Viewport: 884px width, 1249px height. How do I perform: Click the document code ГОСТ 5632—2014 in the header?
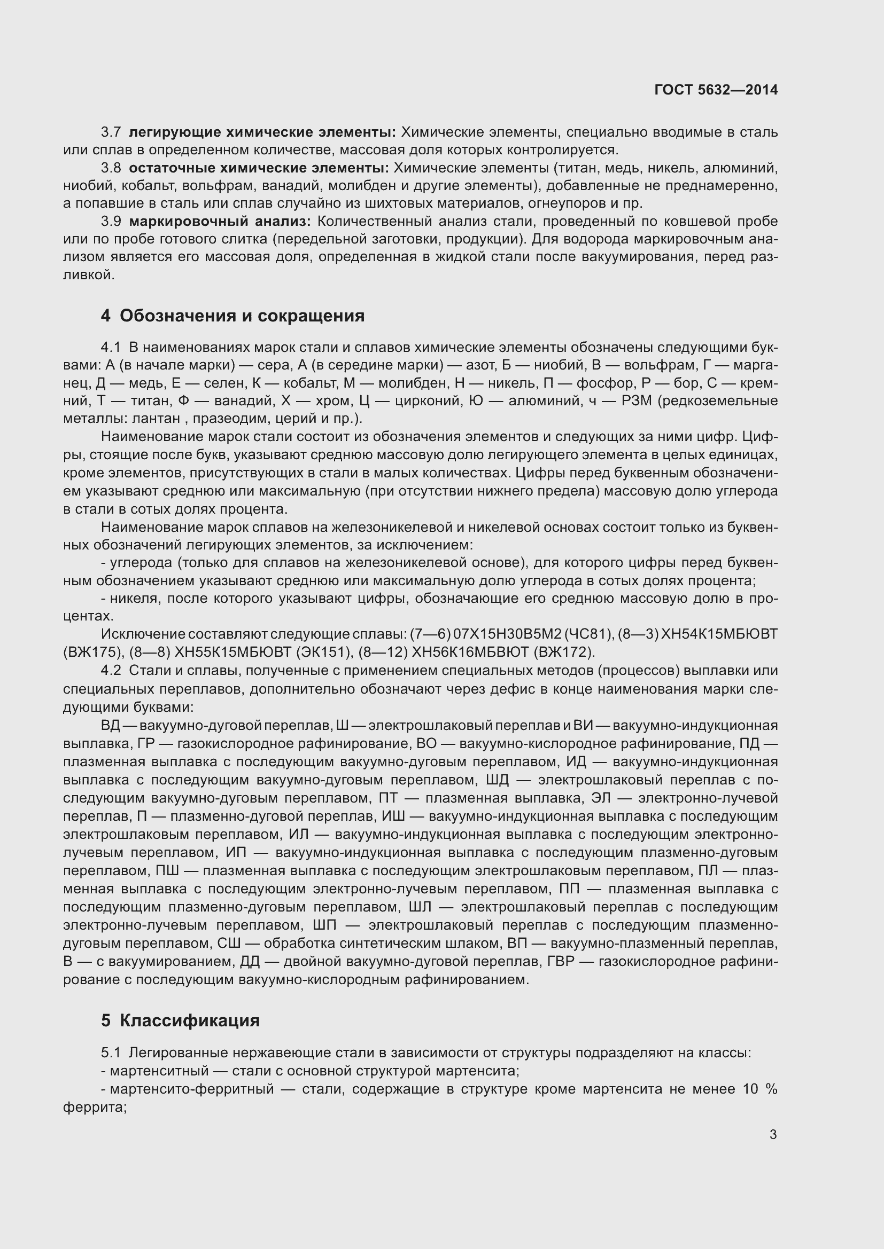tap(716, 90)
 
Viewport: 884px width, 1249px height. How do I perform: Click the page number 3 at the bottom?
tap(773, 1134)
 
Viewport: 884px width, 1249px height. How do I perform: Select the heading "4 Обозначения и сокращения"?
tap(232, 316)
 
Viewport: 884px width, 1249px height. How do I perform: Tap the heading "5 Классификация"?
tap(180, 1020)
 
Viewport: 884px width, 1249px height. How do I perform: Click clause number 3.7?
tap(111, 132)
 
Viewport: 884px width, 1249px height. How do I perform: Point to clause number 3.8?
tap(111, 168)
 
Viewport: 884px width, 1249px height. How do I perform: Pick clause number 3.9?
tap(111, 222)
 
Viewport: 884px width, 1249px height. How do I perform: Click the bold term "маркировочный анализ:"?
tap(219, 222)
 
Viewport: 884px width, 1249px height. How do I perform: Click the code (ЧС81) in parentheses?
tap(590, 634)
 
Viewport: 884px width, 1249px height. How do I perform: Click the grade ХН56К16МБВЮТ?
tap(470, 652)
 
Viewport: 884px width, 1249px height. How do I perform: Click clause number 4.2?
tap(111, 671)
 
